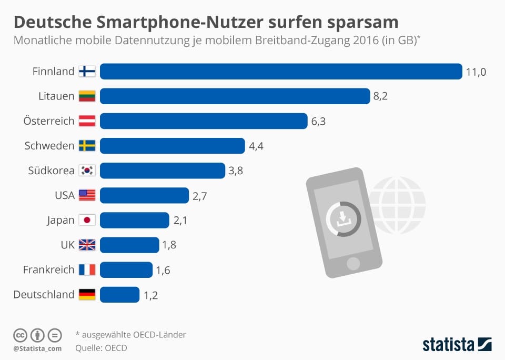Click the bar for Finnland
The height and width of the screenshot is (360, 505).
pyautogui.click(x=281, y=71)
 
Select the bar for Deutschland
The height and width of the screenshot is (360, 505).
pyautogui.click(x=119, y=295)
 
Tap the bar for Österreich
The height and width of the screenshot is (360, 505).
pyautogui.click(x=204, y=121)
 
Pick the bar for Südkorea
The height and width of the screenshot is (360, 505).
pyautogui.click(x=163, y=171)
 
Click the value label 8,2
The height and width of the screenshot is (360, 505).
pyautogui.click(x=380, y=96)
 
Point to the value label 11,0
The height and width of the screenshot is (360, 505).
pyautogui.click(x=476, y=72)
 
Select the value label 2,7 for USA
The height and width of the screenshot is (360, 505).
pyautogui.click(x=199, y=196)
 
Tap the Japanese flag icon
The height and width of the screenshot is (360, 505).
pyautogui.click(x=87, y=220)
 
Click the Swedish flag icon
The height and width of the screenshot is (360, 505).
pyautogui.click(x=87, y=146)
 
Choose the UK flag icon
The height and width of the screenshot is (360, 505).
pyautogui.click(x=87, y=245)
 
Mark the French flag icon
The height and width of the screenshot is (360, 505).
pyautogui.click(x=87, y=270)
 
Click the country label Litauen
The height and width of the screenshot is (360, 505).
pyautogui.click(x=56, y=96)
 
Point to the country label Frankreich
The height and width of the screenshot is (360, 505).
pyautogui.click(x=49, y=270)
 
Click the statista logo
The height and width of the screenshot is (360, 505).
pyautogui.click(x=457, y=345)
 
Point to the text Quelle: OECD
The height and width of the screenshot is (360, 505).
pyautogui.click(x=101, y=347)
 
